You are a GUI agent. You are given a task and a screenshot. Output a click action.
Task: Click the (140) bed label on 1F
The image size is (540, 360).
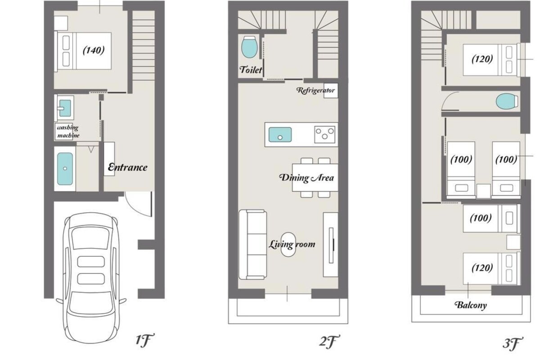coord(94,50)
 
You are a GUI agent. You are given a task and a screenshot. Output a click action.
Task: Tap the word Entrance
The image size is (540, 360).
coord(127,167)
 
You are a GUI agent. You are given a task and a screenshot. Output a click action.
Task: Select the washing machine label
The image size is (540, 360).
coord(68,131)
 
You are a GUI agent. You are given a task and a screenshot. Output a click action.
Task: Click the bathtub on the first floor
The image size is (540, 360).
coord(65,169)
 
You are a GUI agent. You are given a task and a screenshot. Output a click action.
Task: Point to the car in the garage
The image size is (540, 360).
coord(90,278)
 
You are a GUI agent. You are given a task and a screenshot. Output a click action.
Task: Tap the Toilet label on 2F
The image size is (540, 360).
coord(251,70)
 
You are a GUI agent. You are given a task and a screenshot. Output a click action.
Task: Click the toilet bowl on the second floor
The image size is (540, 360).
coord(249,47)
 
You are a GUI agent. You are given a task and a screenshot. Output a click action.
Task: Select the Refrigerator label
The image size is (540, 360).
coord(315,90)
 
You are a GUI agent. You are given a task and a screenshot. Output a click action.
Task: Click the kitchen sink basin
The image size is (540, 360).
coord(280,134)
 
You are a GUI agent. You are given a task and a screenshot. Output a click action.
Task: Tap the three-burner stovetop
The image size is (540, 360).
coord(324,134)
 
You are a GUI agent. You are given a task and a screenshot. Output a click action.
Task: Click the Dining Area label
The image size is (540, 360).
coord(306,178)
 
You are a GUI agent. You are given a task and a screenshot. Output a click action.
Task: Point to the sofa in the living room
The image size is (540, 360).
coord(252,244)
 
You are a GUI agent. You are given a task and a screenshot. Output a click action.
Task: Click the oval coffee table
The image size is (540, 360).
coord(288,244)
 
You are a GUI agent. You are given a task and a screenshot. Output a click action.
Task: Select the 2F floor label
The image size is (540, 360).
coord(329,342)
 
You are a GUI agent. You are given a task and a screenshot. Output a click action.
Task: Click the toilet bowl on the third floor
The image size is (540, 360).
coord(507,101)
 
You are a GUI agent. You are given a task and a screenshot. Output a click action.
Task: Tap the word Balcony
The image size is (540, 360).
coord(471,305)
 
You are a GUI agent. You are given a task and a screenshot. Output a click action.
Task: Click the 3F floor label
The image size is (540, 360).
coord(513,343)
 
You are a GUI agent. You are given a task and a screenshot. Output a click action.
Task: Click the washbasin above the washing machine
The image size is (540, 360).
coord(65,108)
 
